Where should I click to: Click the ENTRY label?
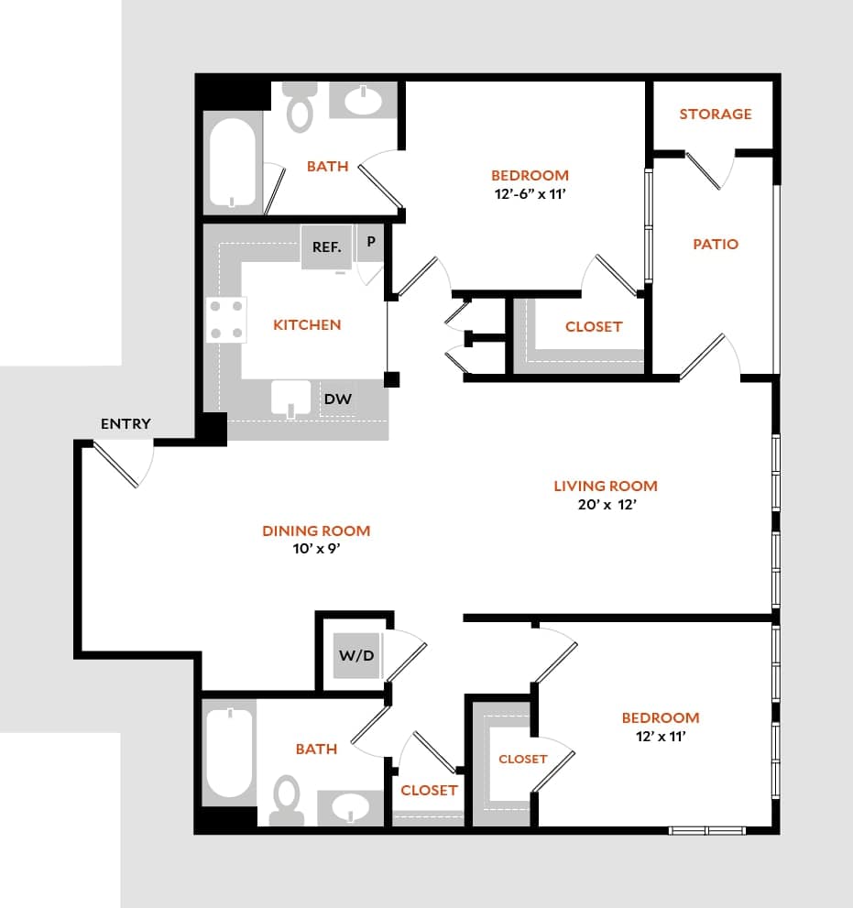(x=126, y=423)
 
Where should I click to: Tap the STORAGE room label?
(x=716, y=114)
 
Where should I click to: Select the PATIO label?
(x=716, y=244)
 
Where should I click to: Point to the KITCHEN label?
(x=307, y=324)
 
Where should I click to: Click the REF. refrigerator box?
(x=327, y=247)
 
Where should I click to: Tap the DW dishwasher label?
(x=337, y=399)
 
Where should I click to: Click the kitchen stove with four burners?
(x=227, y=319)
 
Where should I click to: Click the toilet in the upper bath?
(x=299, y=108)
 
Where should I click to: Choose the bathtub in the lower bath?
(x=227, y=752)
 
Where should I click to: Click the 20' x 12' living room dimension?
(x=605, y=504)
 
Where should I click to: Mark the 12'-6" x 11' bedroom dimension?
(x=530, y=193)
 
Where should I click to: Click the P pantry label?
(x=371, y=243)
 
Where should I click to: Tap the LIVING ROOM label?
(x=606, y=486)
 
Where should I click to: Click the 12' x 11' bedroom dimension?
(x=660, y=736)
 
